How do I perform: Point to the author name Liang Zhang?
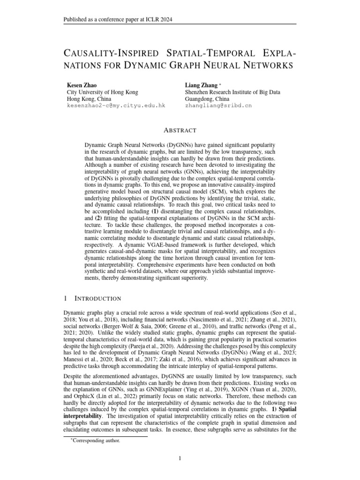(202, 85)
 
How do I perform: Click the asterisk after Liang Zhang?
(220, 85)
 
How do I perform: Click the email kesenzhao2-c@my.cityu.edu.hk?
(116, 106)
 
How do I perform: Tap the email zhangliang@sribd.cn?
(218, 106)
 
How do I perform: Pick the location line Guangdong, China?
(207, 99)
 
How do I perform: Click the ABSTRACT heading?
(180, 130)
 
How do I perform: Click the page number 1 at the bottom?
(180, 458)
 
